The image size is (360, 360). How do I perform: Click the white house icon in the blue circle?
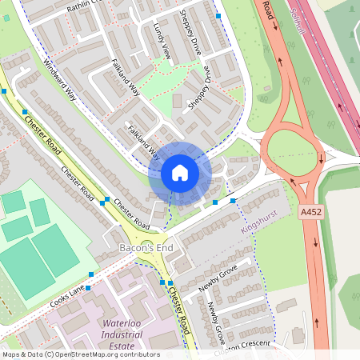click(x=180, y=172)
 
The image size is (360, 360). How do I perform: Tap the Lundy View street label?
click(x=162, y=40)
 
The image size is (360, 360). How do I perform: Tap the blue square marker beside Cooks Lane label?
click(x=91, y=274)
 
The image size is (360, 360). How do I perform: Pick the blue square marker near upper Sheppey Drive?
click(x=218, y=15)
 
